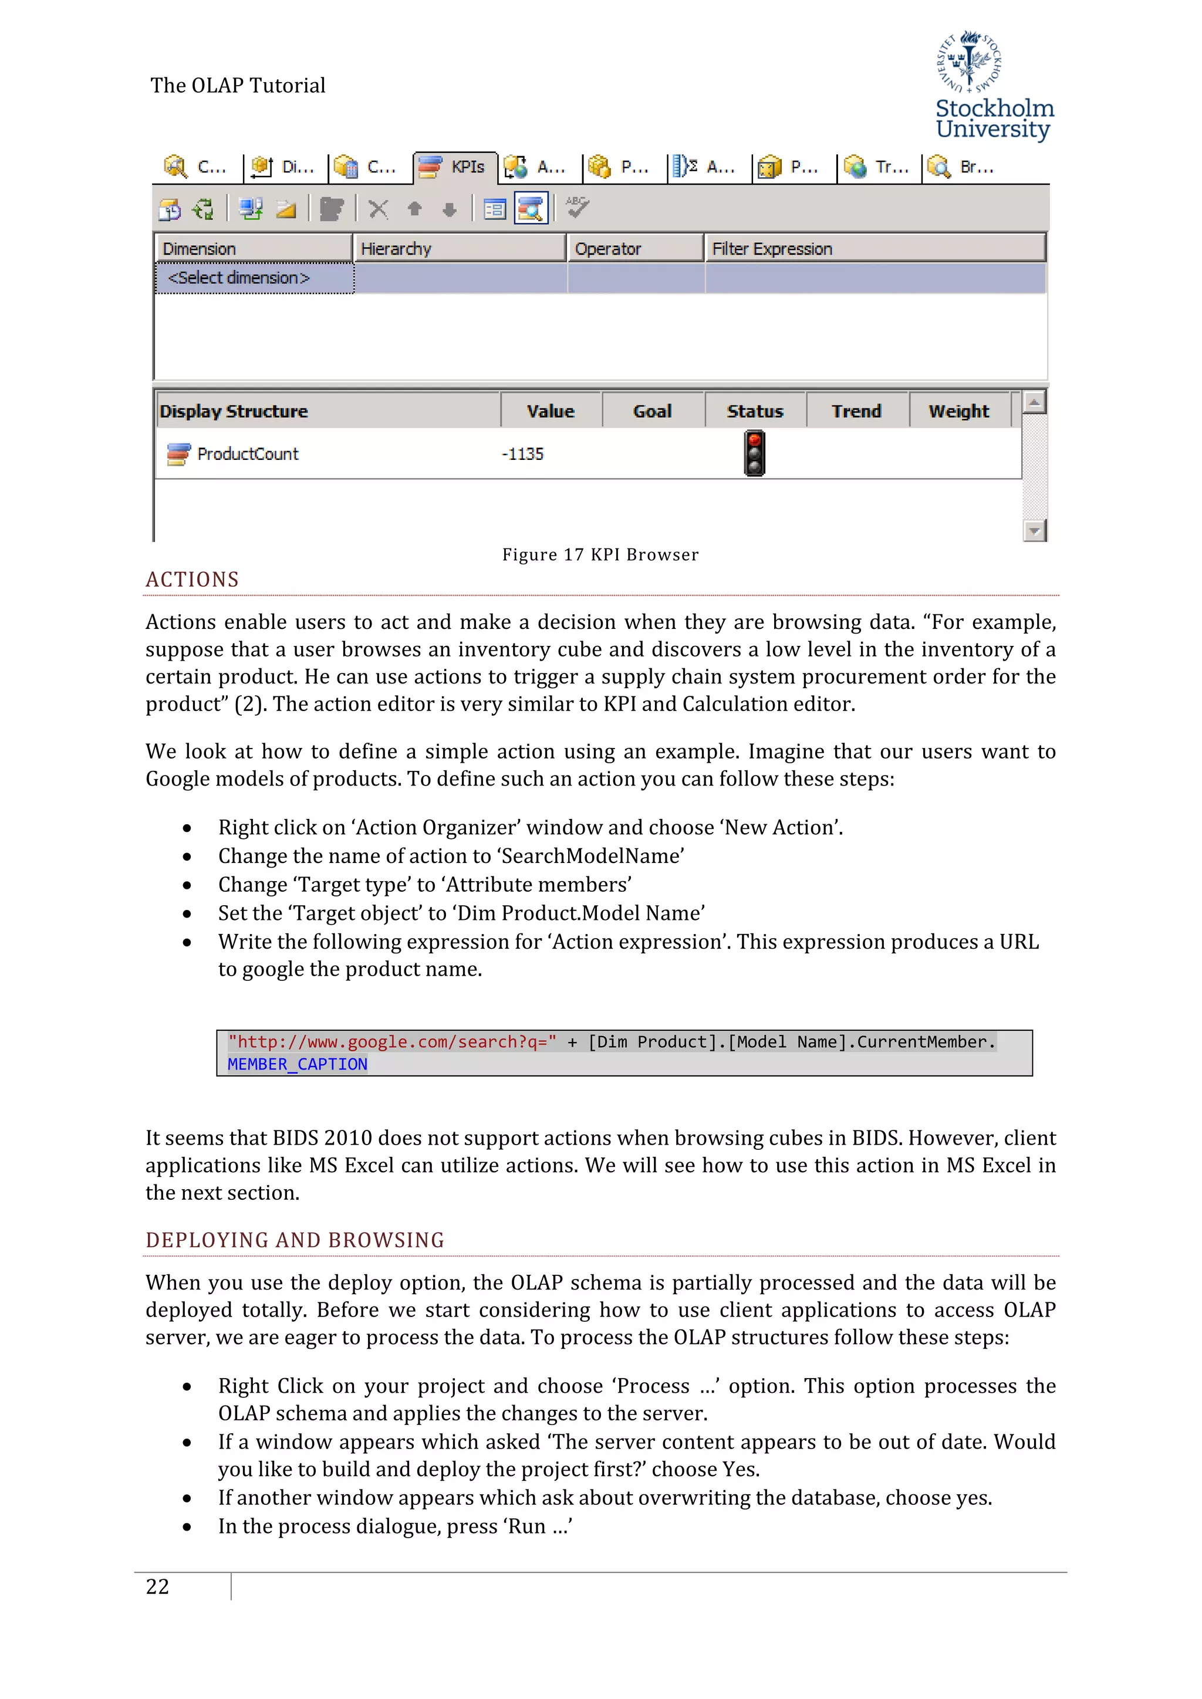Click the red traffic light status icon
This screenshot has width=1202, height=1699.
754,453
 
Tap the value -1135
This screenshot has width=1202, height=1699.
522,454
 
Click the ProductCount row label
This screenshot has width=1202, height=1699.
247,454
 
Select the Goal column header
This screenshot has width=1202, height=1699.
652,411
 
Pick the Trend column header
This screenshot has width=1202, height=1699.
856,411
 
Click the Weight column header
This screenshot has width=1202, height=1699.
958,411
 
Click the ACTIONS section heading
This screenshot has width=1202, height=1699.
193,580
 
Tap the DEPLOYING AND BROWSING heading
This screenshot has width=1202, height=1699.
295,1240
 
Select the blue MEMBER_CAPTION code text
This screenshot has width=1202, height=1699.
298,1064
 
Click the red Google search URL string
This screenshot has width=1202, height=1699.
392,1042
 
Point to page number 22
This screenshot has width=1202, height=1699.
158,1586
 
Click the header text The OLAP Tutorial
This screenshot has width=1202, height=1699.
238,86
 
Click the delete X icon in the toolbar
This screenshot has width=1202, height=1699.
378,209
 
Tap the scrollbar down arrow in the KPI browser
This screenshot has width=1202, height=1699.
1034,530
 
